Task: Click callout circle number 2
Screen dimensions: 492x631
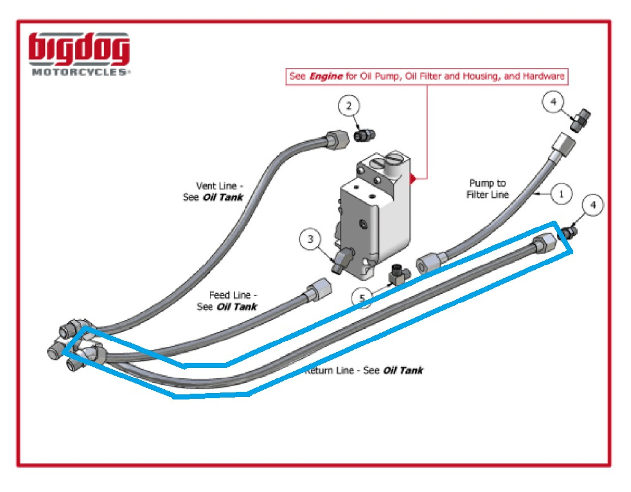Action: pos(349,106)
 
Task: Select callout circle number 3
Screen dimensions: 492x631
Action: pos(310,239)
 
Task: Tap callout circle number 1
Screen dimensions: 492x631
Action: pos(561,194)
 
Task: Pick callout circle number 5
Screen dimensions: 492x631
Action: pos(362,298)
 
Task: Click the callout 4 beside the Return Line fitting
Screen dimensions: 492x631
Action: pos(593,205)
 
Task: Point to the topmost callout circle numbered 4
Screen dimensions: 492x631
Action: pos(553,102)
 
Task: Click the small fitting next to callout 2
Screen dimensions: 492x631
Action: pos(365,134)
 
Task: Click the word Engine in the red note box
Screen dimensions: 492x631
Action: pos(326,76)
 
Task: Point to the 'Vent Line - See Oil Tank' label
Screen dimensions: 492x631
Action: pos(213,192)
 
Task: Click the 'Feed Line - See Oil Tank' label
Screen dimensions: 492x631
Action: pos(228,301)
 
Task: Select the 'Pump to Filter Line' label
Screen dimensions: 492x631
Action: pos(487,189)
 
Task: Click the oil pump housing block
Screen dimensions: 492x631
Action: pos(375,212)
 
